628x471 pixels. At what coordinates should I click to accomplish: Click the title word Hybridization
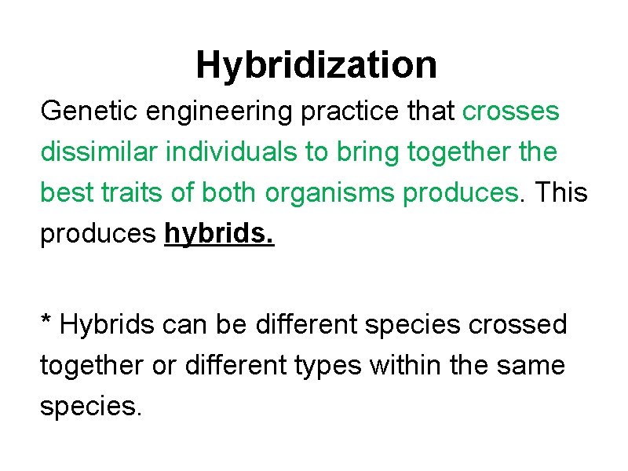pos(316,64)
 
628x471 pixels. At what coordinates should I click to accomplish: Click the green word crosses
pos(511,112)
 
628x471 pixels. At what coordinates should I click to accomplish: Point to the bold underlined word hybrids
pos(219,235)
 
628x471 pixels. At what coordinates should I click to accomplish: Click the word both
pos(232,193)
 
